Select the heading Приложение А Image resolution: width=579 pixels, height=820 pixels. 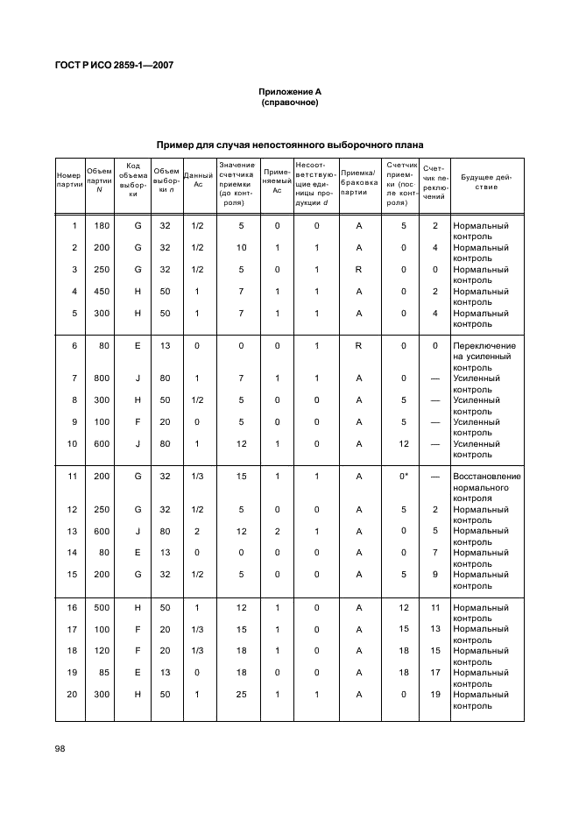[289, 92]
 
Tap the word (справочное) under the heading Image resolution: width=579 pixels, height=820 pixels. [289, 102]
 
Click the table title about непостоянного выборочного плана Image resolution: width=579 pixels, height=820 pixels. [289, 145]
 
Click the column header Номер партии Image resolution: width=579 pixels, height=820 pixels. [69, 181]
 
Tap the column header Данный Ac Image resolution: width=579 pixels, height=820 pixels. [197, 181]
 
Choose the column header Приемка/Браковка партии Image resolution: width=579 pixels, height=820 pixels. [359, 181]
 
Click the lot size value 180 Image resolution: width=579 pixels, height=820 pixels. [102, 226]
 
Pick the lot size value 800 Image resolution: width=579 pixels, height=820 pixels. [102, 378]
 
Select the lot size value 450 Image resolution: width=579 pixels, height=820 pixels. [102, 292]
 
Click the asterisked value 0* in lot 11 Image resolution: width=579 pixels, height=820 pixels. [404, 477]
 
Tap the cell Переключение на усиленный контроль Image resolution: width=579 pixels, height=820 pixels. [484, 357]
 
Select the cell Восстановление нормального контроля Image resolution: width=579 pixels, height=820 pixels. [486, 487]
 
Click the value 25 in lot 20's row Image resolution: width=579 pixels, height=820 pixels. [241, 695]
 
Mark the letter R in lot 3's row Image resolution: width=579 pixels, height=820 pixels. [359, 270]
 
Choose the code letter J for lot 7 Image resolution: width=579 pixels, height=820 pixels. [138, 378]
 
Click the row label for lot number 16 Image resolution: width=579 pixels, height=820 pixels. [73, 607]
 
